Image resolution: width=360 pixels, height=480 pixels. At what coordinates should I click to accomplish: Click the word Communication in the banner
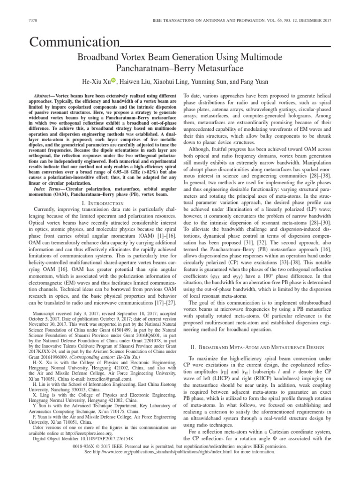click(75, 43)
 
